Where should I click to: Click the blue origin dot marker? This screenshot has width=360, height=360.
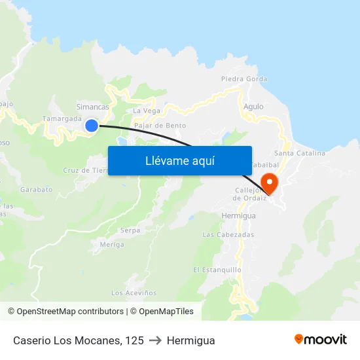click(x=92, y=125)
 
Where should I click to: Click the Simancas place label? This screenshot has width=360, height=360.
click(x=92, y=107)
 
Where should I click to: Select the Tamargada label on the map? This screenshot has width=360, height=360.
click(x=62, y=118)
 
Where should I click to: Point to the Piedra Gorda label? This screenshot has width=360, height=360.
click(x=244, y=79)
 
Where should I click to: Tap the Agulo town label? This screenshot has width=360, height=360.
click(x=253, y=106)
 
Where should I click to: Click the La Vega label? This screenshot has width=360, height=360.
click(x=147, y=111)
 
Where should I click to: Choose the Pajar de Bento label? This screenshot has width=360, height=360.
click(x=160, y=125)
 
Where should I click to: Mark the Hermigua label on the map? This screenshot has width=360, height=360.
click(x=238, y=215)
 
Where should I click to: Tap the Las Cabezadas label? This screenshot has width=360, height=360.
click(x=228, y=234)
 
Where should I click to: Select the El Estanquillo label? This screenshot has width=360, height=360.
click(x=217, y=270)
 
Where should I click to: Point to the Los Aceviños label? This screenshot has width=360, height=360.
click(x=135, y=293)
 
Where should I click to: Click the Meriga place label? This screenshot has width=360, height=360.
click(x=112, y=244)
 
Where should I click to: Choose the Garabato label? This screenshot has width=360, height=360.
click(x=36, y=189)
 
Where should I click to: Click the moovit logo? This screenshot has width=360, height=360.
click(x=321, y=339)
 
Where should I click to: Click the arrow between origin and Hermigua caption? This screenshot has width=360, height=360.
click(x=155, y=340)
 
